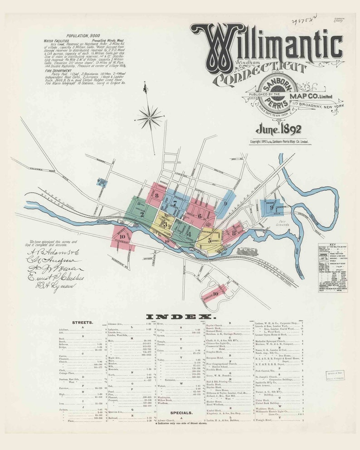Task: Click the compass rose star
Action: coord(149,117)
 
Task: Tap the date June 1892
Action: coord(278,130)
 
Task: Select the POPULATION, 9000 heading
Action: coord(83,35)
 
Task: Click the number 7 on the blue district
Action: coord(175,203)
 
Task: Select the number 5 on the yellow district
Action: coord(209,241)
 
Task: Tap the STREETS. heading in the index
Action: coord(83,322)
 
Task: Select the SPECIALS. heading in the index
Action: coord(181,413)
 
